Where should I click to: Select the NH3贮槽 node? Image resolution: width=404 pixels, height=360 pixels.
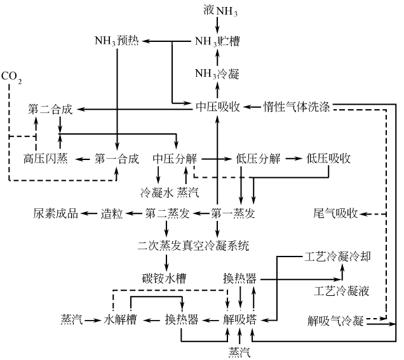(217, 42)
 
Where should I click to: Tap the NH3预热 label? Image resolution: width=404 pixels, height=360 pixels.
(117, 42)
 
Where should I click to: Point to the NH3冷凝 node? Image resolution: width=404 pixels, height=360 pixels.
(217, 75)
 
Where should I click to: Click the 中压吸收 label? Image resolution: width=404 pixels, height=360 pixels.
(217, 107)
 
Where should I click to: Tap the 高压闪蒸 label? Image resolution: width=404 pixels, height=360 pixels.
(46, 158)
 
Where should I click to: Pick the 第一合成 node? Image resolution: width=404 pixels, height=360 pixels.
(117, 158)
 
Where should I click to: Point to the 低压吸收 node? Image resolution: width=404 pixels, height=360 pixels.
(328, 158)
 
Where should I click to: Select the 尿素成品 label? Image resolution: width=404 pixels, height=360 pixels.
(55, 213)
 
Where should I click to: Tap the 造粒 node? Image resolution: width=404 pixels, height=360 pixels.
(111, 213)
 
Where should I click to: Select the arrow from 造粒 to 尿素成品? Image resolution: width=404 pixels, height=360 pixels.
(89, 213)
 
